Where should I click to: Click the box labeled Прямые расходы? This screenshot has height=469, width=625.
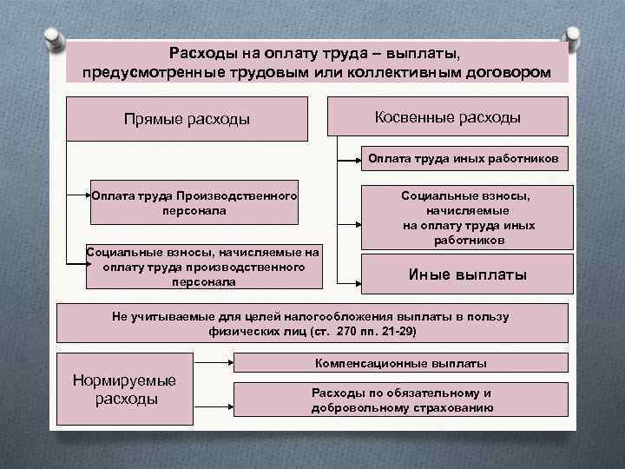(x=187, y=118)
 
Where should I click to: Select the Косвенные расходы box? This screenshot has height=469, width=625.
(x=447, y=116)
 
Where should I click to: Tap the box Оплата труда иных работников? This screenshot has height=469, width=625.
(x=468, y=159)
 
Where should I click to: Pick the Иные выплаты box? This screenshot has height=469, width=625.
(x=468, y=274)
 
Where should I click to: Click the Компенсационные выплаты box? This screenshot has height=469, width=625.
(x=400, y=362)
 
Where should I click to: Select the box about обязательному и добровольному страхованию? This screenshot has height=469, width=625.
(x=402, y=400)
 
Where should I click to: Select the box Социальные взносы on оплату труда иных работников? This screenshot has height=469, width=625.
(x=468, y=217)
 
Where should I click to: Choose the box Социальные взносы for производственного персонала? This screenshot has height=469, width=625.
(x=202, y=267)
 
